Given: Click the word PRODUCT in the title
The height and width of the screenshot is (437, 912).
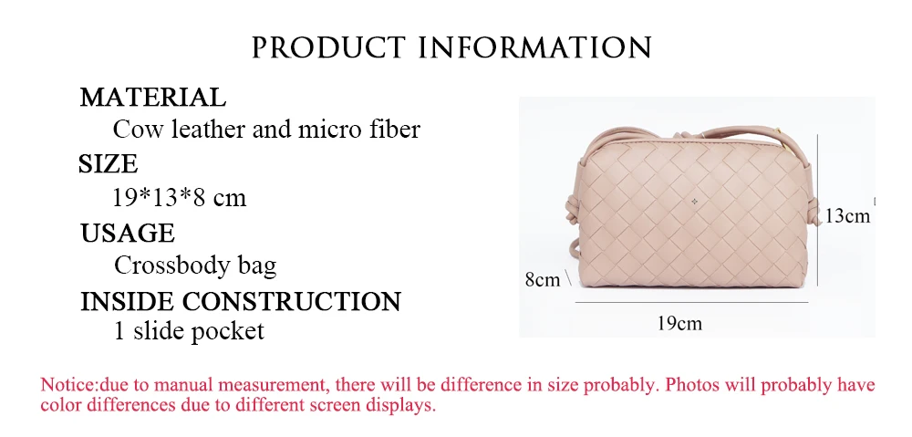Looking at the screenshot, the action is coord(328,47).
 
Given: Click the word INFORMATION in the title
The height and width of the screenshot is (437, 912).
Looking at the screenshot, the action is coord(535,47).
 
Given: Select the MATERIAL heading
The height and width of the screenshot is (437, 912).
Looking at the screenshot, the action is coord(152,98).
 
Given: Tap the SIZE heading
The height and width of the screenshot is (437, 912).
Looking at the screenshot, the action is coord(109,164).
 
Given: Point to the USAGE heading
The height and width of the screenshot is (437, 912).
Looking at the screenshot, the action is coord(128,234).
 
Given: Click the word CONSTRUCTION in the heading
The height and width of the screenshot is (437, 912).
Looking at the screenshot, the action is coord(292,301).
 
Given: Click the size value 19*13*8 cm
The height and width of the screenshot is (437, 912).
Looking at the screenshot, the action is coord(179,198).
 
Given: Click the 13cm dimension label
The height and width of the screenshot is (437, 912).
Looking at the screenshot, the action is coord(847,216).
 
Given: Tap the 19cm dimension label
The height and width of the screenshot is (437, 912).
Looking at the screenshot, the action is coord(679,323).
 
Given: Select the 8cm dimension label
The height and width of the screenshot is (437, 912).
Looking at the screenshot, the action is coord(543,280).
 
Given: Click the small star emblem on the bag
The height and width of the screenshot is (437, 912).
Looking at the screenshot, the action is coord(694,202).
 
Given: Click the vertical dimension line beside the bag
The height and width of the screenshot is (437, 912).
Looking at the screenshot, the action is coord(818,210).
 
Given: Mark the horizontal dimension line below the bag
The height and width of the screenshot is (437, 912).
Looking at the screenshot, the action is coord(692,303).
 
